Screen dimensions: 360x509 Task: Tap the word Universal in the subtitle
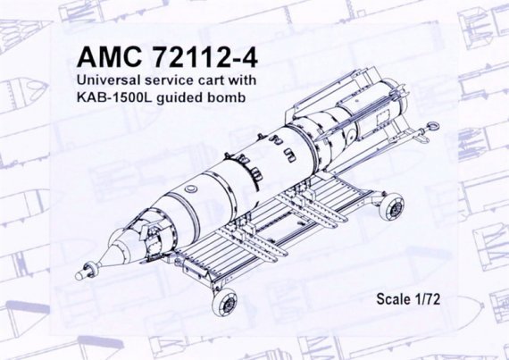click(x=110, y=85)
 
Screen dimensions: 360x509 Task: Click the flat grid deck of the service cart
click(x=268, y=241)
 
